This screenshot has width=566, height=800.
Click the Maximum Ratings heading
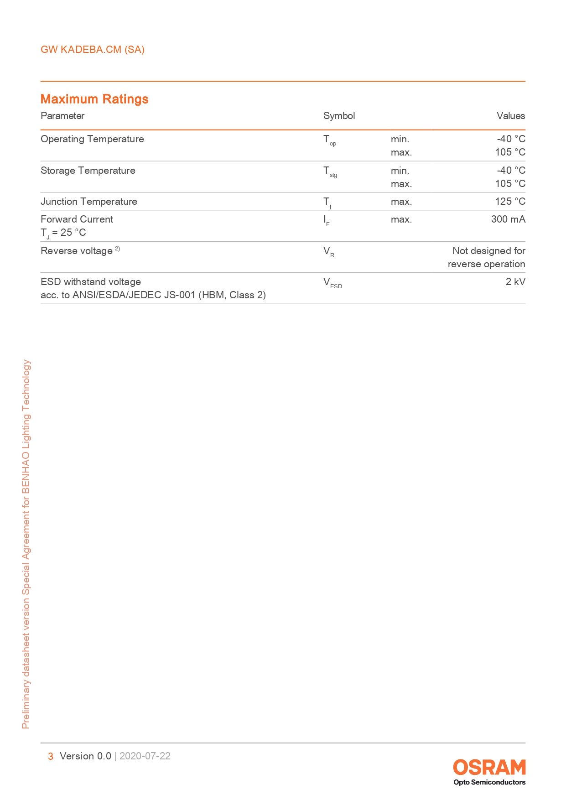tap(94, 99)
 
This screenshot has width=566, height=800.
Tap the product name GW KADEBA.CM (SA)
tap(93, 50)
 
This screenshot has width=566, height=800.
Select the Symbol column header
tap(339, 116)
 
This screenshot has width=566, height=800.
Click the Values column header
tap(511, 116)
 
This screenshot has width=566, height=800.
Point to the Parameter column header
tap(62, 116)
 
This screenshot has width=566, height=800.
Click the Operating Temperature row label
tap(92, 139)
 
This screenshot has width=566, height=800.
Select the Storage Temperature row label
tap(88, 171)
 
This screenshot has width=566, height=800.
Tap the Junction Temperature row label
tap(89, 202)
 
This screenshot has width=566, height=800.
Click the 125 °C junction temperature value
tap(510, 202)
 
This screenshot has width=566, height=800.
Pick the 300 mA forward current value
tap(508, 219)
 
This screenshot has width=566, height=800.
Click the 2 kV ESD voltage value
tap(515, 282)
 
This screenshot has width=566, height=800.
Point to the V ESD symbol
tap(332, 283)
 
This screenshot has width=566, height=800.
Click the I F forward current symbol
tap(327, 221)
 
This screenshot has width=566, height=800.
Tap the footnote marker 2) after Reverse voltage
tap(118, 249)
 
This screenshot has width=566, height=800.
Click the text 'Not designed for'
tap(488, 251)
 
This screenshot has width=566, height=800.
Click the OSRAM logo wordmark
tap(489, 768)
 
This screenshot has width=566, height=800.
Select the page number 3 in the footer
tap(51, 756)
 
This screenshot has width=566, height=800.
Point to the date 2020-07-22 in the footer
tap(145, 756)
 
